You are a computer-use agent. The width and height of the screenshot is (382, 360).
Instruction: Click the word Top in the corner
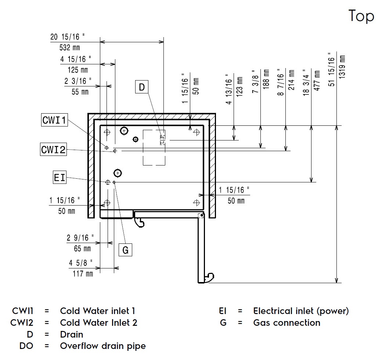pyautogui.click(x=361, y=16)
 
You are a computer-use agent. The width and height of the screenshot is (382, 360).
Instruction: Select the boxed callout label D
pyautogui.click(x=142, y=87)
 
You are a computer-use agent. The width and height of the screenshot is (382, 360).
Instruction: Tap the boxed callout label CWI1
pyautogui.click(x=54, y=120)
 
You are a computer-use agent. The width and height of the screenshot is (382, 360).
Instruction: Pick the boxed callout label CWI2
pyautogui.click(x=54, y=150)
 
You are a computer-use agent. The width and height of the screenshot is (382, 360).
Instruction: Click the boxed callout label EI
pyautogui.click(x=60, y=178)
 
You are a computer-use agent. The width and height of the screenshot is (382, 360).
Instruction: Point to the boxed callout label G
pyautogui.click(x=125, y=250)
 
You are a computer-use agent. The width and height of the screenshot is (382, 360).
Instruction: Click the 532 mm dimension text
pyautogui.click(x=69, y=47)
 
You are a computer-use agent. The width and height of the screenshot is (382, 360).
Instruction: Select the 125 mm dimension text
pyautogui.click(x=78, y=70)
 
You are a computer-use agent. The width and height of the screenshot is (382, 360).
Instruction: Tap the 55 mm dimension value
pyautogui.click(x=80, y=92)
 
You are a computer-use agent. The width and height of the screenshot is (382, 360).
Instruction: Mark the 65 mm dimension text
pyautogui.click(x=82, y=249)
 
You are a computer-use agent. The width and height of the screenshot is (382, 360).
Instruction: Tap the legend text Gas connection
pyautogui.click(x=286, y=323)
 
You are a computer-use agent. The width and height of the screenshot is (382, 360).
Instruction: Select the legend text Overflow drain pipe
pyautogui.click(x=103, y=346)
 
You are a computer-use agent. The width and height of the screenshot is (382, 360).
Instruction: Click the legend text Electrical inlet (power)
pyautogui.click(x=301, y=311)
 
